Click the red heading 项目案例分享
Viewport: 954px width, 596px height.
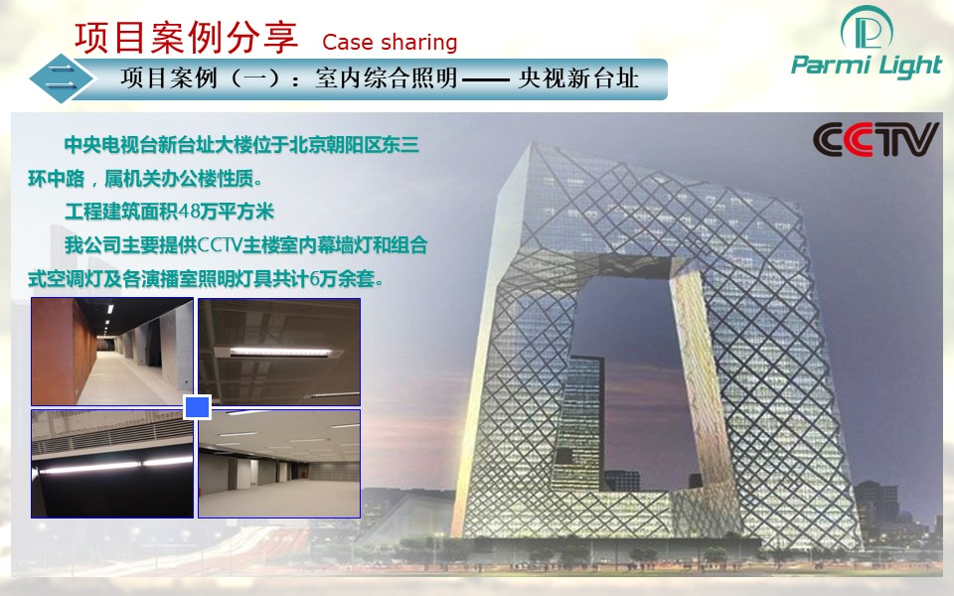pos(186,37)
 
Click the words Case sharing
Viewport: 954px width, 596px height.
pos(390,42)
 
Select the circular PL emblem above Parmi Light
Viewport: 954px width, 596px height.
pos(867,29)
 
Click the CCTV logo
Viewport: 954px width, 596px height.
pos(874,140)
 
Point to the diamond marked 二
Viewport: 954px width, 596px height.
pos(62,78)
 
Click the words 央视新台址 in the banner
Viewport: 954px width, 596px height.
pos(578,78)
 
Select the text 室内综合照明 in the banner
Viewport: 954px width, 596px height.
pos(387,78)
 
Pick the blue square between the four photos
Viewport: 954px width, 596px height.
pos(197,407)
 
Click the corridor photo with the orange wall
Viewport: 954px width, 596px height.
pos(112,352)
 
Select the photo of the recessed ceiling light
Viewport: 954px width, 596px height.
pos(279,352)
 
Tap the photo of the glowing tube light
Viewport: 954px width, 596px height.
pos(112,464)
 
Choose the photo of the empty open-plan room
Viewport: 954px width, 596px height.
pos(279,464)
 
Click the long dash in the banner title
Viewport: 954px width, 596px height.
pos(486,79)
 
